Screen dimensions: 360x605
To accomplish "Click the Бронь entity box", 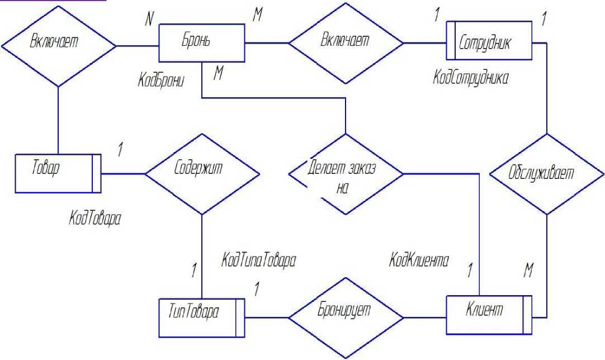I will [201, 43].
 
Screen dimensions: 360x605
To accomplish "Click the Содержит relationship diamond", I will [201, 174].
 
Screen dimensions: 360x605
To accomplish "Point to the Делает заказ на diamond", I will [345, 174].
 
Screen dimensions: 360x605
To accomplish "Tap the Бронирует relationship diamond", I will [345, 318].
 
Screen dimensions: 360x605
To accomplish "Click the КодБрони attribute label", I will [162, 79].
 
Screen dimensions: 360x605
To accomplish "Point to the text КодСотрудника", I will [471, 79].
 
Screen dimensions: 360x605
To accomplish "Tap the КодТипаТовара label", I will [258, 260].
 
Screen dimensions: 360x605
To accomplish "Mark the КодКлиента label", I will [420, 260].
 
